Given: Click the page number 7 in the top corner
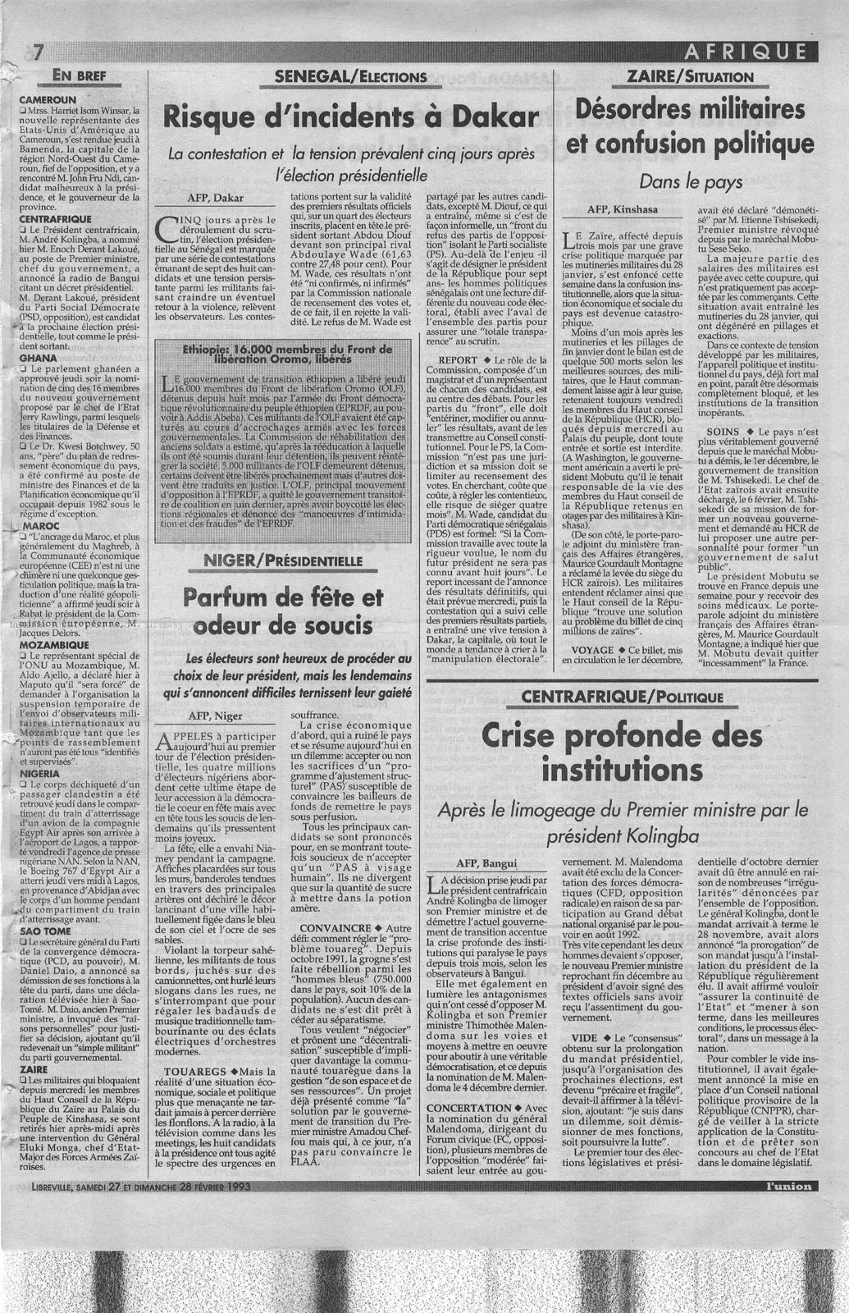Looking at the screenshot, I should (x=38, y=52).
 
